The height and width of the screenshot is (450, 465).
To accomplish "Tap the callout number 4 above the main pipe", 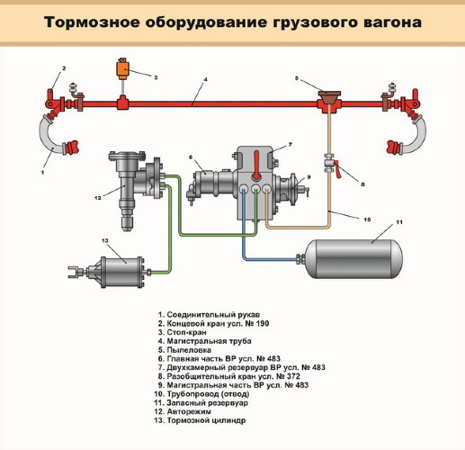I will [x=205, y=81].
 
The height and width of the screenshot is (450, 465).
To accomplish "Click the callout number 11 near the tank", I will [x=399, y=221].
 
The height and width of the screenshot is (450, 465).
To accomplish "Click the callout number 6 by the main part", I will [x=191, y=157].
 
